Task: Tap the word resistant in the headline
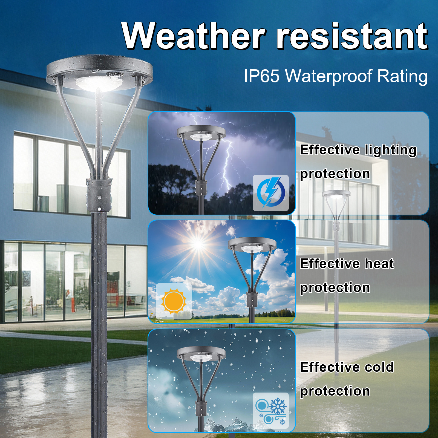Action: coord(351,36)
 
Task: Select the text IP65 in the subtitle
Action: coord(261,76)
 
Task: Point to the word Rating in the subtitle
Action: coord(402,76)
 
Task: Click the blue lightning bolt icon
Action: coord(270,193)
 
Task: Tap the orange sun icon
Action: coord(174,301)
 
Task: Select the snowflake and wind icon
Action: coord(270,410)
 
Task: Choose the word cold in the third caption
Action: coord(379,367)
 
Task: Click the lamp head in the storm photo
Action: coord(201,133)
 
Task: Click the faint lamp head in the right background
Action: coord(336,195)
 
